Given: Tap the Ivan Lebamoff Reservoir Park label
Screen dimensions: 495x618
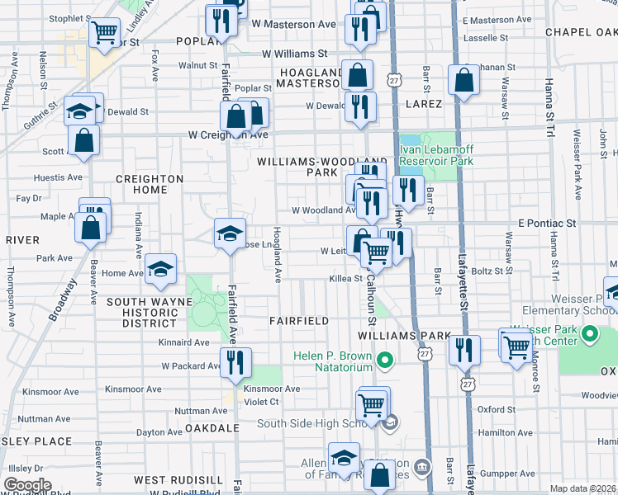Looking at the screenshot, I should tap(436, 156).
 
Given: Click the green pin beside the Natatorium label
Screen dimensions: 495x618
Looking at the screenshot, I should tap(383, 361).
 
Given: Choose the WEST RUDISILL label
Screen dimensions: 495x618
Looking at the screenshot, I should tap(178, 479).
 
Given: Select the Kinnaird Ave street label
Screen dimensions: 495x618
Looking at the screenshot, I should tap(186, 342).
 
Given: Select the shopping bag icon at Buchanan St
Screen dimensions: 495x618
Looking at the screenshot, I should tap(463, 80).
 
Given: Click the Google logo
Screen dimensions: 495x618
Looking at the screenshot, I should tap(28, 485).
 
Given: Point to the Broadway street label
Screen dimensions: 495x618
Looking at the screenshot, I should tap(63, 299).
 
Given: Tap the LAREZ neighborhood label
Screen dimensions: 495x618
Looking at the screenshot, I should tap(424, 104).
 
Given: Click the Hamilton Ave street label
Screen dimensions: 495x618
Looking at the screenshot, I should tap(503, 431).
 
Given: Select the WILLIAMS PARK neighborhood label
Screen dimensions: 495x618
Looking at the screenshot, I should tap(404, 337).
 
